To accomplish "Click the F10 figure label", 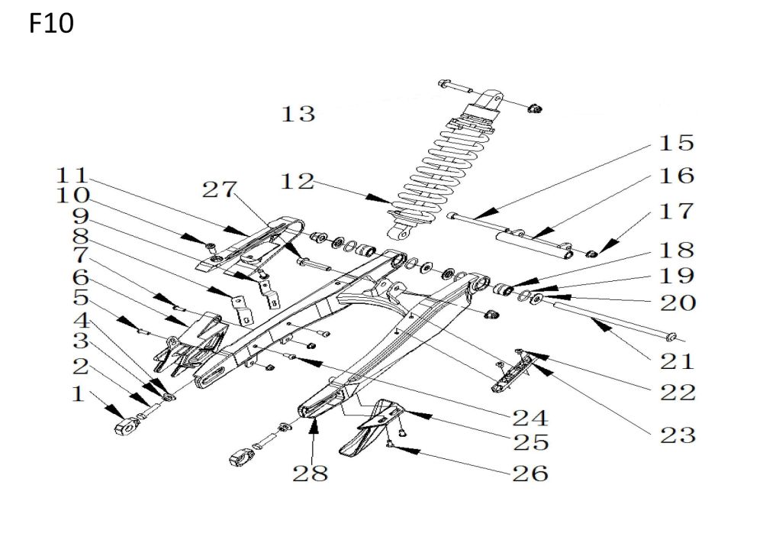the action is click(x=51, y=23).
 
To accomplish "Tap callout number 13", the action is click(x=298, y=114).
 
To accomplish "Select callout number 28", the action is click(x=310, y=473).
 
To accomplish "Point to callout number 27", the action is click(x=220, y=189).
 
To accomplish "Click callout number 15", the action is click(x=676, y=143).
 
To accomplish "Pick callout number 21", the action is click(x=677, y=361).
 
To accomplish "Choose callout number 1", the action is click(x=79, y=393).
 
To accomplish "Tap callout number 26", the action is click(x=530, y=474).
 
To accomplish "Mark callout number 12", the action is click(x=298, y=182).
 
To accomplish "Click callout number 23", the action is click(x=678, y=435).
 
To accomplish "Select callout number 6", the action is click(x=81, y=277).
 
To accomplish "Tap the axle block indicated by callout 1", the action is click(x=126, y=426).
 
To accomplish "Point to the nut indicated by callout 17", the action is click(x=591, y=254).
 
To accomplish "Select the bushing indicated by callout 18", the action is click(x=504, y=289).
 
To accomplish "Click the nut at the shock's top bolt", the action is click(x=534, y=108).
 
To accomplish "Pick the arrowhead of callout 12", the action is click(x=379, y=198).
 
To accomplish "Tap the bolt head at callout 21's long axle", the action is click(x=670, y=337).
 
